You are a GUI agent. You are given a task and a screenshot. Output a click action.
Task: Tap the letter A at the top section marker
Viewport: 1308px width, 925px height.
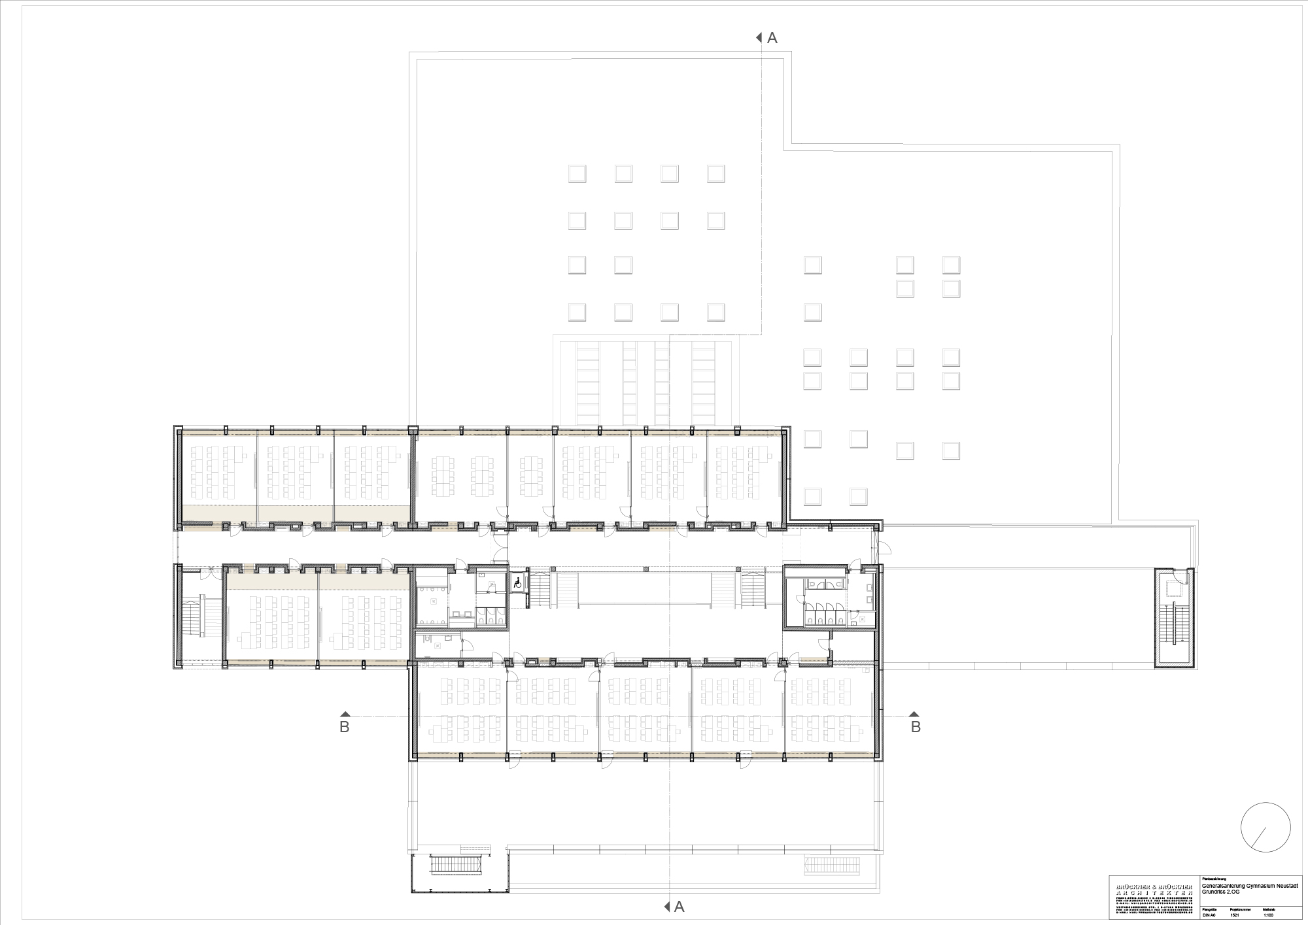click(x=772, y=39)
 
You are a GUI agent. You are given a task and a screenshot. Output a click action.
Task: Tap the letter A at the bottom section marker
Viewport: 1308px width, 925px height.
click(x=679, y=906)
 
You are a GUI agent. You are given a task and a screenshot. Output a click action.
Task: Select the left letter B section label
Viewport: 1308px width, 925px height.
click(x=345, y=727)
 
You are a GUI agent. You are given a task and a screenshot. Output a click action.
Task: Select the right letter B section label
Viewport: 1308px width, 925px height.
click(x=916, y=727)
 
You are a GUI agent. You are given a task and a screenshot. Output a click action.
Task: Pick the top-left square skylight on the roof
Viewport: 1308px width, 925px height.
click(x=577, y=173)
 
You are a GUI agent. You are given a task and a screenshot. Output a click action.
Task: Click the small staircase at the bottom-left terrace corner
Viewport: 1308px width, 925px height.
click(x=458, y=865)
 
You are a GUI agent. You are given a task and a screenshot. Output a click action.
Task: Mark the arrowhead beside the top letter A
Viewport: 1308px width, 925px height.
click(x=759, y=37)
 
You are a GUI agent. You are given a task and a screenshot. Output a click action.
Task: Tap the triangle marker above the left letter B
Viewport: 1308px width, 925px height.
click(x=345, y=714)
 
